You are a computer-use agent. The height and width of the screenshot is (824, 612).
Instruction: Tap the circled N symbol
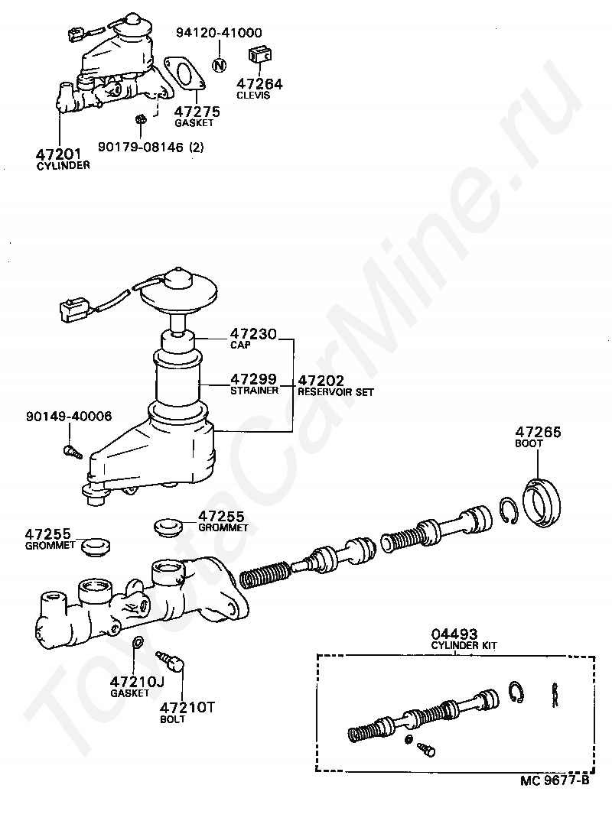tap(220, 65)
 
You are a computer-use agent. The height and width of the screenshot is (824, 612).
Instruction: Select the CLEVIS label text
tap(253, 95)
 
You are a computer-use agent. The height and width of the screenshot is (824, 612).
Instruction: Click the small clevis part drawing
tap(259, 55)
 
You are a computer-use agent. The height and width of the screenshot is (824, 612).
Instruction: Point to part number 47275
tap(197, 112)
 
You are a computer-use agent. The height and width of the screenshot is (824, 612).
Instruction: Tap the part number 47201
tap(58, 154)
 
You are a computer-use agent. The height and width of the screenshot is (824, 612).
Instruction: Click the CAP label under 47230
tap(240, 345)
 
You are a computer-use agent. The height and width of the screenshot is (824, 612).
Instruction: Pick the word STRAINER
tap(255, 391)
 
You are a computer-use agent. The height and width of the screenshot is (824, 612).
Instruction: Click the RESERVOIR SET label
tap(335, 392)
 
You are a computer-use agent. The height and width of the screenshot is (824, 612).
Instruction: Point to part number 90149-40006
tap(69, 416)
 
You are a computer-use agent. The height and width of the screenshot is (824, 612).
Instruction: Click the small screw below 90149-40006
tap(73, 451)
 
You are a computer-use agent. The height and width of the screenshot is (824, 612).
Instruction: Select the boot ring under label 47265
tap(541, 503)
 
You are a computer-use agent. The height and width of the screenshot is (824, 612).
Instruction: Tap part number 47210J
tap(137, 682)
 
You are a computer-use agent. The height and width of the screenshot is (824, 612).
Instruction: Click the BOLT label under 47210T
tap(172, 719)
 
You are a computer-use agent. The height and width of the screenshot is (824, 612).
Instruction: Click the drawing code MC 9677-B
tap(555, 780)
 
